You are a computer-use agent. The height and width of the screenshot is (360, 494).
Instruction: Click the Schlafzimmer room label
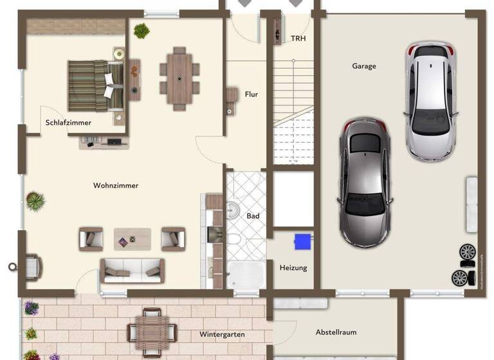pos(68,123)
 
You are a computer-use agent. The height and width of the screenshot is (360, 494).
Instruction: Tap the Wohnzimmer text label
pos(116,186)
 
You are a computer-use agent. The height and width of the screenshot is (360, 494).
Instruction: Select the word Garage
pos(364,66)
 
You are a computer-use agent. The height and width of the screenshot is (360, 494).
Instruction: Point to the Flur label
pos(251,94)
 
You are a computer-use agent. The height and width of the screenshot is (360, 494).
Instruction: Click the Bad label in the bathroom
pos(253,216)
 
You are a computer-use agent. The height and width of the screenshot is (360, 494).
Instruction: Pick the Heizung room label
pos(293,268)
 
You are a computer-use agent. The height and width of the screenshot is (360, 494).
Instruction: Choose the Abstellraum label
pos(336,332)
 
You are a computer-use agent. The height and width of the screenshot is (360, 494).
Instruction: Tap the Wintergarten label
pos(222,335)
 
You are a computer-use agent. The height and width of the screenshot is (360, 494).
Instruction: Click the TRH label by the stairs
pos(298,39)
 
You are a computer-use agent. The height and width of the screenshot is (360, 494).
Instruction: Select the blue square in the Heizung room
pos(302,242)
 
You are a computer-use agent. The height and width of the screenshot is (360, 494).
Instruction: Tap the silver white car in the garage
pos(430,100)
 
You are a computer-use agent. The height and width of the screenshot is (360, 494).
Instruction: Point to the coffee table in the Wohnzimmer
pos(133,239)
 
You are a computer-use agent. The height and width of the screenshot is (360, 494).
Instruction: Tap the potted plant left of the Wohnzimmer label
pos(35,201)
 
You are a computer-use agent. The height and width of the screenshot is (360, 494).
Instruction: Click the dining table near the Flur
pos(179,78)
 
